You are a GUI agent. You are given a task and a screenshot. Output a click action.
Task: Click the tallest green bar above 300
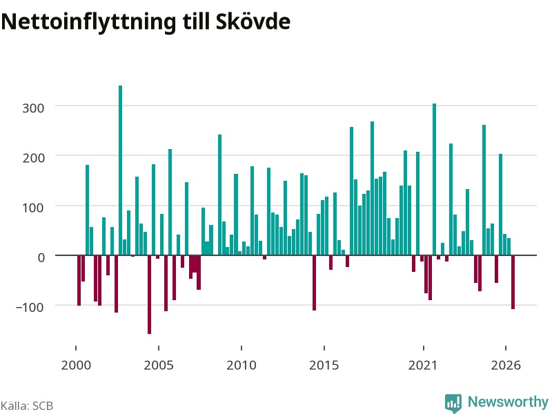[120, 170]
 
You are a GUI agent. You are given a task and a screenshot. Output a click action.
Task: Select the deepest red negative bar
[149, 295]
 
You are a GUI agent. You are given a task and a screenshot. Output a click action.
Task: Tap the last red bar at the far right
[513, 282]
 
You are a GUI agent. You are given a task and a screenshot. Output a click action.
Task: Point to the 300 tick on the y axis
[33, 108]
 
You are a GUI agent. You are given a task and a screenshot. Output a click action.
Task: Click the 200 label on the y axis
[33, 158]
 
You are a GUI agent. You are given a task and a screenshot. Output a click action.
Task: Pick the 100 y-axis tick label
[33, 208]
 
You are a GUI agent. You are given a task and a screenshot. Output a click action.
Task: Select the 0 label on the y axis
[41, 257]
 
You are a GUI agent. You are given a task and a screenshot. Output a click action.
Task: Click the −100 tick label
[30, 307]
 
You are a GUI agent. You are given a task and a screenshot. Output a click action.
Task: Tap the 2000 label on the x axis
[76, 365]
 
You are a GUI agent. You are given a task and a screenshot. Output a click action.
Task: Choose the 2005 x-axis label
[159, 365]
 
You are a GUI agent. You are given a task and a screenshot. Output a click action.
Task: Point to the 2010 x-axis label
[241, 365]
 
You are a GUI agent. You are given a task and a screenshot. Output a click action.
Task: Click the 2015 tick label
[324, 365]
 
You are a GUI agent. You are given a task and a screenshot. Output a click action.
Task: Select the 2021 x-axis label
[423, 365]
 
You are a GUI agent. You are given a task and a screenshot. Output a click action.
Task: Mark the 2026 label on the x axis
[506, 365]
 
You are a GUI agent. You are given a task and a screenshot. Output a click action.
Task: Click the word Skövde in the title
[253, 21]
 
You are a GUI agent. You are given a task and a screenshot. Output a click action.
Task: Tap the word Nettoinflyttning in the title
[88, 23]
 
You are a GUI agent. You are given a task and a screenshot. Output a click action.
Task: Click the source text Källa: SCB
[27, 406]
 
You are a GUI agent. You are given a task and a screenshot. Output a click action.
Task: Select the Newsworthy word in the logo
[508, 402]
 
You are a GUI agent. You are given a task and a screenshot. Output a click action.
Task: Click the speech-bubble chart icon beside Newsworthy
[453, 403]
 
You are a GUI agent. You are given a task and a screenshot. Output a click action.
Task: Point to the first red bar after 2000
[79, 280]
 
